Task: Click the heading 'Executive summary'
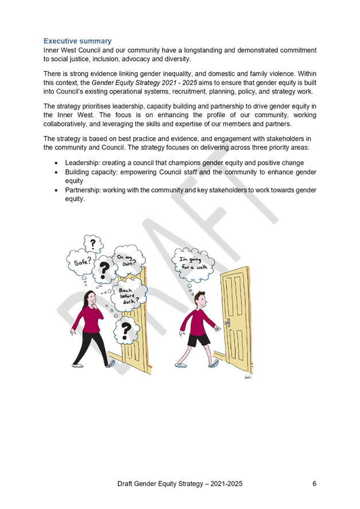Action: click(78, 41)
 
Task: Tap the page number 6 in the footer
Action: click(314, 484)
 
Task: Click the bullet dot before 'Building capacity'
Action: click(56, 172)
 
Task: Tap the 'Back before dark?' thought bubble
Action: click(129, 294)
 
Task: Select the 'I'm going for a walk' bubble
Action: click(194, 263)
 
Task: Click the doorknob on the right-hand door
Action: click(228, 323)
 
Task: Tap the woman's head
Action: click(91, 298)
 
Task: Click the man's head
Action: click(200, 298)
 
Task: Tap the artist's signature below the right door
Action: click(247, 377)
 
